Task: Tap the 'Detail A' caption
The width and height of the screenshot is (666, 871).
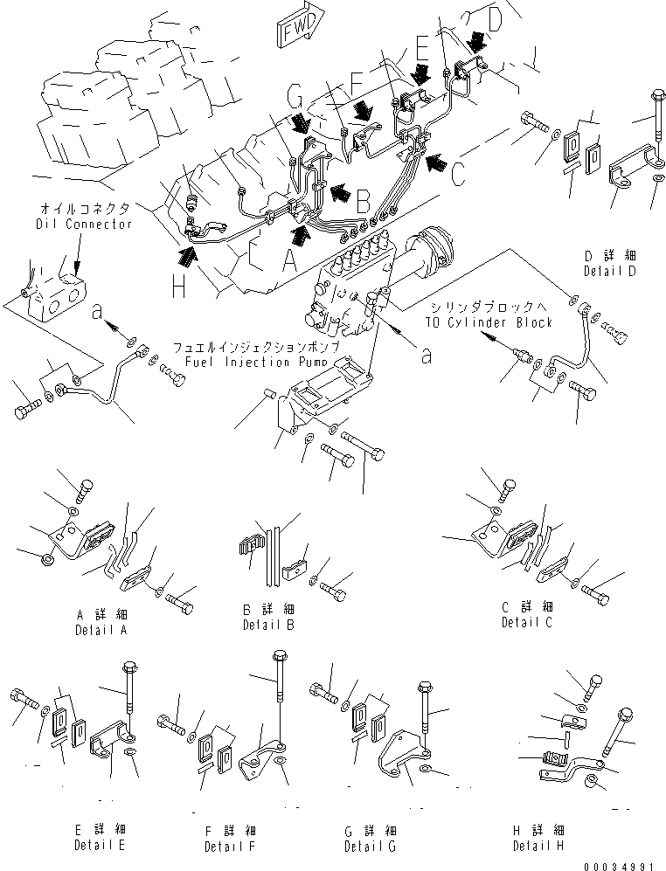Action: pos(101,630)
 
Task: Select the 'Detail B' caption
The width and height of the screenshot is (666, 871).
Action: pos(268,625)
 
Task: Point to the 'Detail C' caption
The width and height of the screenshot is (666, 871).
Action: pos(527,622)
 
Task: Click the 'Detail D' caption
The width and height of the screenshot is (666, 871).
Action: pos(610,271)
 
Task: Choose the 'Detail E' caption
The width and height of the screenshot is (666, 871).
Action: pos(100,845)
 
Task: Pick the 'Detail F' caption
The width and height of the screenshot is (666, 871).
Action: pos(231,847)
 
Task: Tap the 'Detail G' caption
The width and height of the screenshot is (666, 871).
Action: pos(371,847)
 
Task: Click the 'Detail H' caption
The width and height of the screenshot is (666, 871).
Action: pos(538,846)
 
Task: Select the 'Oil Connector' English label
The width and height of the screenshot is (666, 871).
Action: pos(83,225)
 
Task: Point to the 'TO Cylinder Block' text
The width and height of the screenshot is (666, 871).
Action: pos(489,322)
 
